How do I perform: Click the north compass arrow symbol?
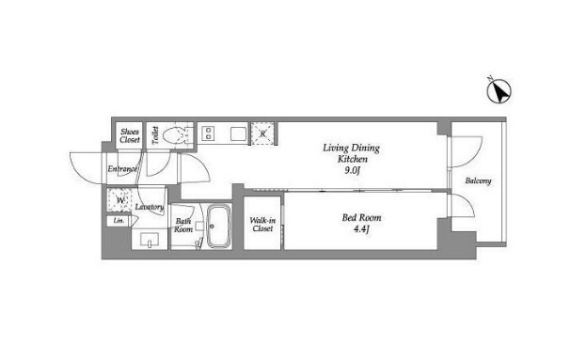(499, 90)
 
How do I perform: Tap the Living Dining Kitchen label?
(351, 153)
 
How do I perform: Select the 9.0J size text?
(352, 170)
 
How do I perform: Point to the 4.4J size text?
(361, 229)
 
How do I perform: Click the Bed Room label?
(361, 218)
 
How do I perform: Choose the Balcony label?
(478, 180)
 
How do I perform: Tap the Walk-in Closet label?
(262, 225)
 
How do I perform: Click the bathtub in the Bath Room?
(219, 227)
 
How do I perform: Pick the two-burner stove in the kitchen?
(208, 133)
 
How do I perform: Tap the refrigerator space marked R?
(262, 134)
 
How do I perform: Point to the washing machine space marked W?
(119, 200)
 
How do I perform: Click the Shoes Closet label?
(130, 135)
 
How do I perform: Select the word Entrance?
(122, 169)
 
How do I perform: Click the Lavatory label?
(150, 207)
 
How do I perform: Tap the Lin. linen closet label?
(119, 221)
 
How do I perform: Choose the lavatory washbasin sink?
(150, 240)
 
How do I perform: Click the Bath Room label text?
(183, 226)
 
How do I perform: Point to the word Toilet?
(155, 135)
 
